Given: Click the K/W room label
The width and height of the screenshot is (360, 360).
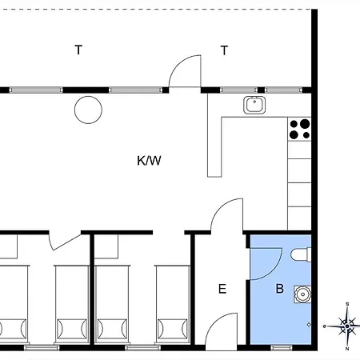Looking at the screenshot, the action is coord(149,161).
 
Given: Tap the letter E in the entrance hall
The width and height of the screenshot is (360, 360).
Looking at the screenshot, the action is coord(222,289).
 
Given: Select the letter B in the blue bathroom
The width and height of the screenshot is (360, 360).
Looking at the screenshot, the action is coord(280,289).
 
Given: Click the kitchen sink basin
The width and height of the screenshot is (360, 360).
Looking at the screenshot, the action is coord(254,105).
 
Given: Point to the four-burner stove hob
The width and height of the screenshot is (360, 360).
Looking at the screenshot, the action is coord(299,129).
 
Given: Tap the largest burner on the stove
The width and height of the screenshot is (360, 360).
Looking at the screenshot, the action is coord(305,124).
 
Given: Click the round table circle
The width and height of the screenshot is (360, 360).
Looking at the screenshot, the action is coord(88,110).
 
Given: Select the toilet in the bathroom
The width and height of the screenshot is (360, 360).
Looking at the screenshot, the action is coord(301,254).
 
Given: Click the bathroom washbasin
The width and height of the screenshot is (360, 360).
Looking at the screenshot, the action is coord(302,294).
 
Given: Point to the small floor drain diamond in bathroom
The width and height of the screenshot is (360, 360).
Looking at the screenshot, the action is coord(309,325).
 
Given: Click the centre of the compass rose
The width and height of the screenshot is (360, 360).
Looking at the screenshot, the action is coord(347,326).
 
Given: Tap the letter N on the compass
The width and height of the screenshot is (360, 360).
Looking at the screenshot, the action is coord(347,349).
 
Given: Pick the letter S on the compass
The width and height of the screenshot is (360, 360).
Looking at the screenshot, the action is coord(347,304).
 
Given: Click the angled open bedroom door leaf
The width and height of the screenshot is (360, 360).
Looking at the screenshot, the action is coord(66,242).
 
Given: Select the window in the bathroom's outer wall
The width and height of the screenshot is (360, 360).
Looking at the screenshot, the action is coord(282,347).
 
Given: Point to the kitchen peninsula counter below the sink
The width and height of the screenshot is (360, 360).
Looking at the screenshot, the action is coord(214,147).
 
